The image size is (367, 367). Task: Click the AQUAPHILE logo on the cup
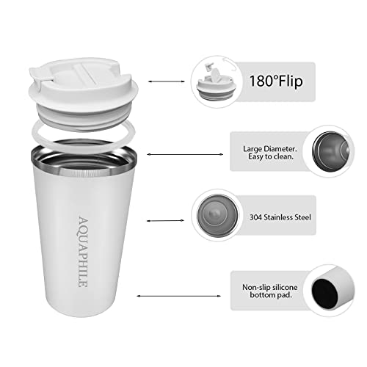83,252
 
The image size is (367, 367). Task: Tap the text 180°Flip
276,81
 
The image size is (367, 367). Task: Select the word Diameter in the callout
280,149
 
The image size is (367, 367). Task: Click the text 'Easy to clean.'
271,156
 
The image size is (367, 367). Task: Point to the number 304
255,217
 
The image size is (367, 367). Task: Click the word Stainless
279,217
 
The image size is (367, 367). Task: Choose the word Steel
303,217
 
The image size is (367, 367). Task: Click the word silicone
285,287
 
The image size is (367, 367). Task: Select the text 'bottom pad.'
271,295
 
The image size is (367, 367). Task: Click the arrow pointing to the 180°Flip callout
167,81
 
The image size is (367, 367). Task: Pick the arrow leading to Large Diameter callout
185,154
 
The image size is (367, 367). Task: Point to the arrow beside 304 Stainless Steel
165,221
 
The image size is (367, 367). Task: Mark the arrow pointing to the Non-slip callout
178,296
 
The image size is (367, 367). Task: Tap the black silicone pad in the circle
324,294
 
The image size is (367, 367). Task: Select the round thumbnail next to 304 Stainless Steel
217,216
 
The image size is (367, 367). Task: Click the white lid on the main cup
83,94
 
